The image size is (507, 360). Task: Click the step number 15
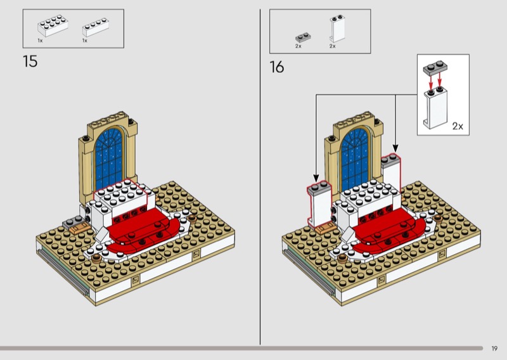pyautogui.click(x=30, y=61)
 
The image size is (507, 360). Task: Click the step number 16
pyautogui.click(x=277, y=67)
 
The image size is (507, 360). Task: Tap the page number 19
pyautogui.click(x=494, y=349)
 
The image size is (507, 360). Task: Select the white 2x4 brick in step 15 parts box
pyautogui.click(x=53, y=25)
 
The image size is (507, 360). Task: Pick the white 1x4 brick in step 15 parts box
pyautogui.click(x=96, y=27)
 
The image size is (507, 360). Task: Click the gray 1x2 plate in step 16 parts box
pyautogui.click(x=303, y=37)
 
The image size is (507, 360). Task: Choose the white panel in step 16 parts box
pyautogui.click(x=337, y=29)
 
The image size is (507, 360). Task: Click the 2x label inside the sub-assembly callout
pyautogui.click(x=458, y=126)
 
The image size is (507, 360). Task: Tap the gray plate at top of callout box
pyautogui.click(x=435, y=68)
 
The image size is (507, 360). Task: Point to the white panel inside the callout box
pyautogui.click(x=435, y=108)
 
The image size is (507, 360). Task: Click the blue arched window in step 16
pyautogui.click(x=355, y=158)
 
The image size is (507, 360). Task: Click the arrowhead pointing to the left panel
pyautogui.click(x=316, y=178)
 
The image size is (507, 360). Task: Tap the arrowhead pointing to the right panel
pyautogui.click(x=395, y=148)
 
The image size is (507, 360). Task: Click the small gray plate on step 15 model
pyautogui.click(x=72, y=222)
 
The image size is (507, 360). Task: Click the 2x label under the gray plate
pyautogui.click(x=298, y=46)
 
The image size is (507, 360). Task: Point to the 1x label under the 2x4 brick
pyautogui.click(x=40, y=41)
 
